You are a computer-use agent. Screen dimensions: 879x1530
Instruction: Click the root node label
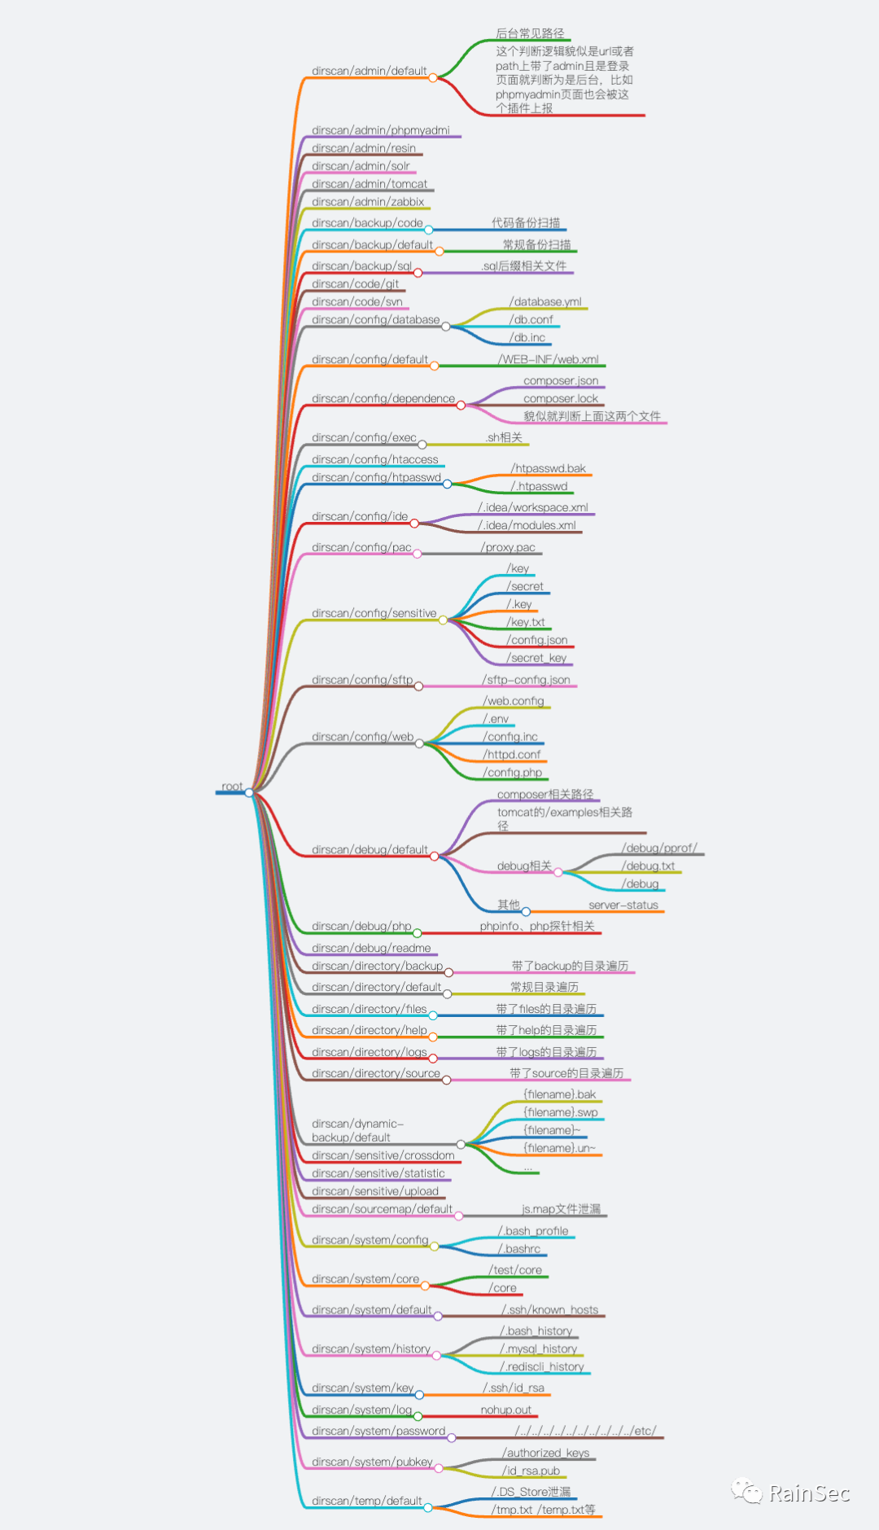[232, 787]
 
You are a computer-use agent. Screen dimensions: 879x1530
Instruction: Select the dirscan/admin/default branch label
[369, 72]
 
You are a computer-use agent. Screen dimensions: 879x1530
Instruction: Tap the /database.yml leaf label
[545, 302]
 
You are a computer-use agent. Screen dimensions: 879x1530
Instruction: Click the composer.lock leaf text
[560, 399]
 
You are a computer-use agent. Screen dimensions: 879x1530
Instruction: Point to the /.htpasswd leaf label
[539, 487]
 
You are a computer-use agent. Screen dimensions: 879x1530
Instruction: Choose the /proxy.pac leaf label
[508, 548]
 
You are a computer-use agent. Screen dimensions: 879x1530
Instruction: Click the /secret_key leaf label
[536, 658]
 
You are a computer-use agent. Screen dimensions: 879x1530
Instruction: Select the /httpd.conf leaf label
[512, 755]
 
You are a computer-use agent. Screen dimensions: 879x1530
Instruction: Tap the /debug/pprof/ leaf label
[659, 848]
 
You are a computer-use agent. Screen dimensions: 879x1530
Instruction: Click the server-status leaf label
[623, 905]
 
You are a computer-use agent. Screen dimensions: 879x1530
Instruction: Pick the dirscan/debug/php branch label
[361, 927]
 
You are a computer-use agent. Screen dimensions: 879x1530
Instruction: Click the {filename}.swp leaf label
[561, 1113]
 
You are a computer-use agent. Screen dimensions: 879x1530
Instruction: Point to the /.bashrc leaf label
[519, 1249]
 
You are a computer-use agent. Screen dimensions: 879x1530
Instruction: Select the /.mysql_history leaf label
[538, 1349]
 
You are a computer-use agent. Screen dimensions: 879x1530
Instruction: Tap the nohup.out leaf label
[505, 1410]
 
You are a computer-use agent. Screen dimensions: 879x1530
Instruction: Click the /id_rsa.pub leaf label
[531, 1471]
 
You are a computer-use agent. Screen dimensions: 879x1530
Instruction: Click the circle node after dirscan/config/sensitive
[443, 620]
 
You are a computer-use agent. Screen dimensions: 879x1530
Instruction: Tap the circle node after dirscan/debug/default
[434, 857]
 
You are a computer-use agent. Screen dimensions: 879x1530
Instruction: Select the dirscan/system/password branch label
[378, 1431]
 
